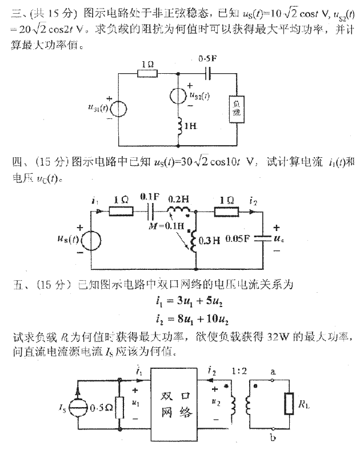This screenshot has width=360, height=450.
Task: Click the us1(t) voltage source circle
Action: [119, 109]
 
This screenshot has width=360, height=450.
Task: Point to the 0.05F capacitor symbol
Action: [261, 240]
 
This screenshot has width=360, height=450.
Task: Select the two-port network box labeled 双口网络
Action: [175, 404]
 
